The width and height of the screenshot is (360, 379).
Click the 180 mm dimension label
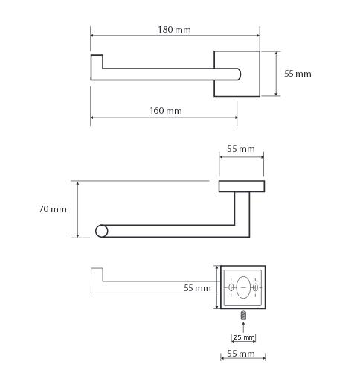(175, 30)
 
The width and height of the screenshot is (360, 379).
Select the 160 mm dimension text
(166, 111)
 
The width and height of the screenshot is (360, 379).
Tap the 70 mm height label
(53, 209)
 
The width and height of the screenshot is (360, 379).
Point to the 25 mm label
(244, 337)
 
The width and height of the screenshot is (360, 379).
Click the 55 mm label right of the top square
(298, 74)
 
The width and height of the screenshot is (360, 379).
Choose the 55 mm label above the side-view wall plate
(241, 149)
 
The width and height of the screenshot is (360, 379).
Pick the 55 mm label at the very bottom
(241, 354)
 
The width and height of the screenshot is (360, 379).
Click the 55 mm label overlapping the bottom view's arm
(197, 288)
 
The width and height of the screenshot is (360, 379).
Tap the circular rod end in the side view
(102, 231)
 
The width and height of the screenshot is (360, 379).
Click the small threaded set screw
(244, 315)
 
